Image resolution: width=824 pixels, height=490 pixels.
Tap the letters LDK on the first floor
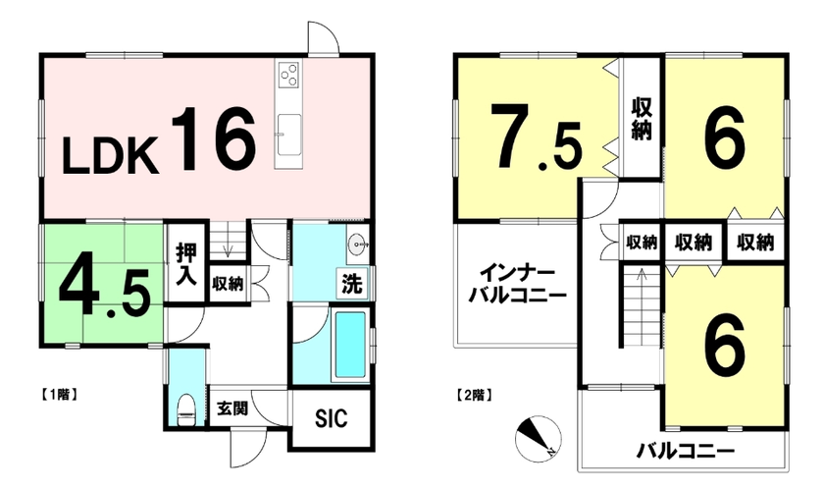tap(111, 156)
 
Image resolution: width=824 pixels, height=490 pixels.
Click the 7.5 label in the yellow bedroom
tap(537, 136)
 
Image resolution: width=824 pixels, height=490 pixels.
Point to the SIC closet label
tap(332, 418)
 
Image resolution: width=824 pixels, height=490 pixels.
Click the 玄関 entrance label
tap(232, 408)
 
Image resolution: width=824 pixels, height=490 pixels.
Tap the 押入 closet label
tap(186, 264)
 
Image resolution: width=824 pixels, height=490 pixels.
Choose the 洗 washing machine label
tap(352, 284)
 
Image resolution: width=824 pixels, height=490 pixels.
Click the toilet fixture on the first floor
tap(185, 408)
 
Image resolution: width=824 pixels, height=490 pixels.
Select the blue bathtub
tap(349, 346)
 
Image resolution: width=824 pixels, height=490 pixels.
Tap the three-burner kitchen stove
tap(288, 74)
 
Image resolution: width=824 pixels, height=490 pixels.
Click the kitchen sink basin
tap(288, 135)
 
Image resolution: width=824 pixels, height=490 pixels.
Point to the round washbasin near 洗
tap(358, 244)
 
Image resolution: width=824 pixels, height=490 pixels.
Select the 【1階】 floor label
tap(59, 394)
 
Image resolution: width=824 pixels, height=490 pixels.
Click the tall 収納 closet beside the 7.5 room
tap(642, 117)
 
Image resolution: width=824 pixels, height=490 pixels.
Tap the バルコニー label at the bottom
tap(686, 451)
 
